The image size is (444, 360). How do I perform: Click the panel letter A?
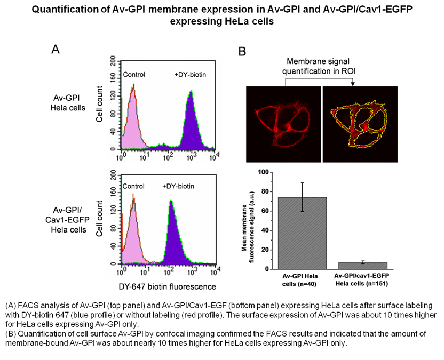pyautogui.click(x=55, y=50)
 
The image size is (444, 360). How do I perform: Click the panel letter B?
pyautogui.click(x=242, y=51)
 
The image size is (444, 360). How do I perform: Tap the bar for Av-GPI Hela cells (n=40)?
pyautogui.click(x=302, y=233)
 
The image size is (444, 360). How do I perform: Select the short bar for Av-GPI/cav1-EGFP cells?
pyautogui.click(x=363, y=266)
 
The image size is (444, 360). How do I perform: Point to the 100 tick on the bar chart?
pyautogui.click(x=261, y=172)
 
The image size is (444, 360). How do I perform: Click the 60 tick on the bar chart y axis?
pyautogui.click(x=263, y=211)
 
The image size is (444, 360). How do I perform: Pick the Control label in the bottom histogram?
pyautogui.click(x=133, y=186)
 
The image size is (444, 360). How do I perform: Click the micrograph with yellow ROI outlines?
pyautogui.click(x=361, y=124)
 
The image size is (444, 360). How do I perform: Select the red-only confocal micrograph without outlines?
pyautogui.click(x=283, y=124)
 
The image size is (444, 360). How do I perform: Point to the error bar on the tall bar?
pyautogui.click(x=302, y=197)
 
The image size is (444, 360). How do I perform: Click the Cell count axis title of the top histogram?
pyautogui.click(x=100, y=103)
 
